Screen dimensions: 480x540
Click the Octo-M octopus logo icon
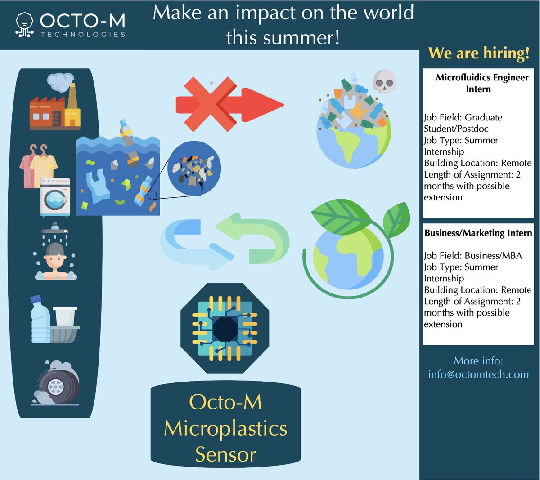pos(24,24)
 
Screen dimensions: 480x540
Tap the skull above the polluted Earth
pos(384,81)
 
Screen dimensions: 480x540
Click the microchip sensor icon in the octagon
pos(225,329)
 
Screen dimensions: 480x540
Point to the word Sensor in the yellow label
pos(225,454)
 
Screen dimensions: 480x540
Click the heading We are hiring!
pos(479,53)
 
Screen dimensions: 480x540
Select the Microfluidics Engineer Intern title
pos(481,83)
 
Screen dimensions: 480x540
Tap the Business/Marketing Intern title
pos(478,233)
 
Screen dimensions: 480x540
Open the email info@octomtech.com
pos(478,374)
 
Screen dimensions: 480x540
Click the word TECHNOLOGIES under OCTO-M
pos(83,35)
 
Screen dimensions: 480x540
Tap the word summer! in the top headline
pos(306,37)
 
